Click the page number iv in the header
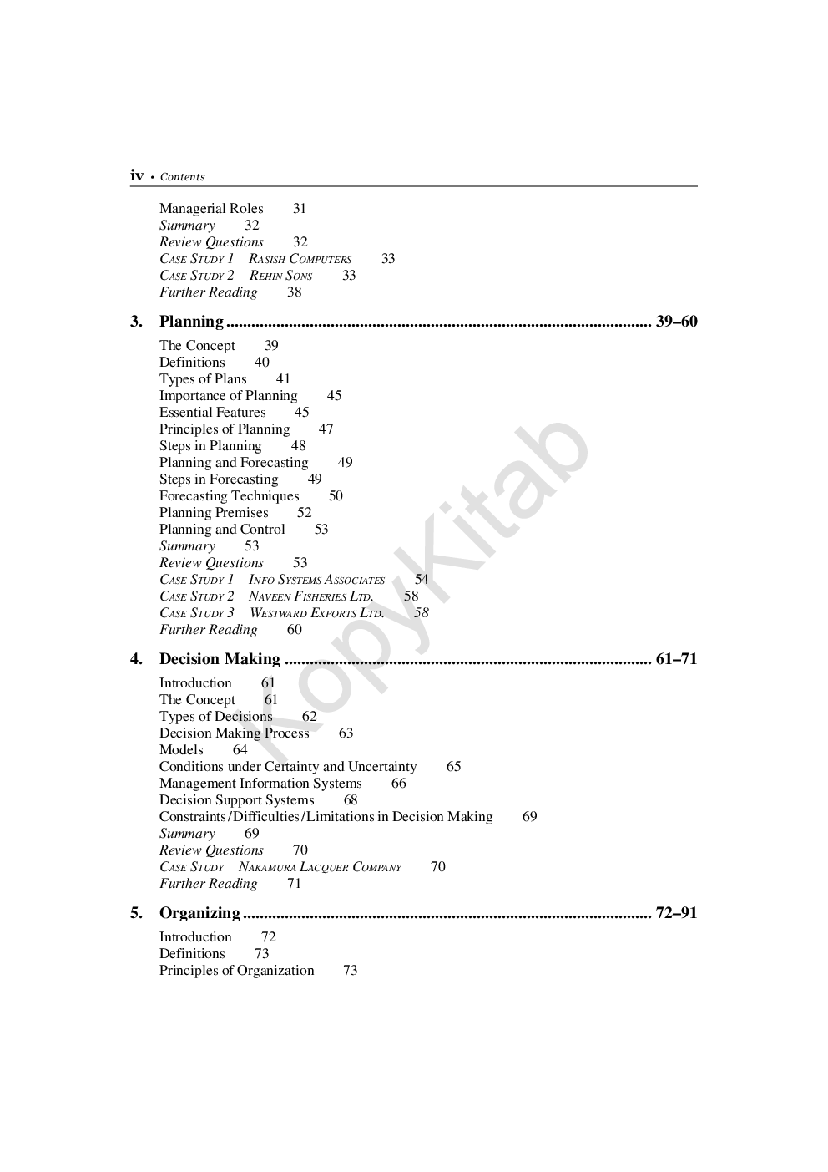[137, 175]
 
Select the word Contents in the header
[182, 177]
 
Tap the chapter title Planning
[191, 322]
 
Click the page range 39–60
[676, 322]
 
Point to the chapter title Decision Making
[220, 659]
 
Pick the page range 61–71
[676, 659]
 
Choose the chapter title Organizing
[199, 913]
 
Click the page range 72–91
[676, 913]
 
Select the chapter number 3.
[136, 322]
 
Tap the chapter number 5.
[136, 913]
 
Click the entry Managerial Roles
[211, 209]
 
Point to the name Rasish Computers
[300, 259]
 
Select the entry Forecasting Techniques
[229, 496]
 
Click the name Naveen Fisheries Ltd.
[310, 596]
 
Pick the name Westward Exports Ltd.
[316, 613]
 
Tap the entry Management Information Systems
[260, 784]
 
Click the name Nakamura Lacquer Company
[320, 867]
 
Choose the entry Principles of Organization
[236, 971]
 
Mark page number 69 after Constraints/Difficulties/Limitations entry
[529, 817]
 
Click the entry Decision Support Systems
[236, 800]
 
